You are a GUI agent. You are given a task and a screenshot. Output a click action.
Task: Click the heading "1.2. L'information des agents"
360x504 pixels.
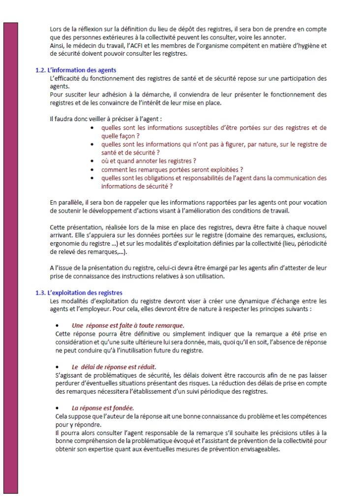(76, 70)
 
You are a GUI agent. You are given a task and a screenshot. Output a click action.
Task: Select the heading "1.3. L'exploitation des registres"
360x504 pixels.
(79, 293)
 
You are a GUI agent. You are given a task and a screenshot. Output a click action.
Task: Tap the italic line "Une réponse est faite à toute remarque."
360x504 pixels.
(128, 326)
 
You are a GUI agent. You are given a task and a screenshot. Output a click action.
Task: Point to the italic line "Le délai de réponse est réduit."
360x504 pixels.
(114, 367)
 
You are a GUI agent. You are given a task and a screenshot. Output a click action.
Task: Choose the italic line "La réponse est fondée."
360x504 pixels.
(103, 408)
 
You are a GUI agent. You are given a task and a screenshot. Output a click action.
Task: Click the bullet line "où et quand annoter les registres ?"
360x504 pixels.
(149, 161)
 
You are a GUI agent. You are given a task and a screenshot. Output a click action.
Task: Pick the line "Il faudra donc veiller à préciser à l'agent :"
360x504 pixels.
(106, 119)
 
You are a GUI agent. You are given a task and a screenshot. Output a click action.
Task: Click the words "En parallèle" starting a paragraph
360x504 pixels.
(66, 203)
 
